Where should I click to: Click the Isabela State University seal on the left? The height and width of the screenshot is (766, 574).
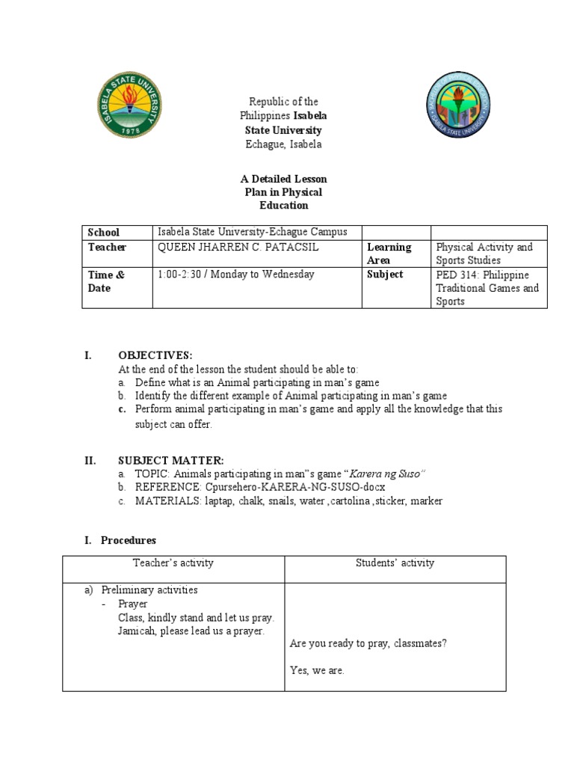pyautogui.click(x=130, y=105)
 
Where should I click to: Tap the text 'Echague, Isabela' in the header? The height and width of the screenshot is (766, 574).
pyautogui.click(x=283, y=144)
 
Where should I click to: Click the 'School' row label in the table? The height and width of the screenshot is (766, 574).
pyautogui.click(x=104, y=233)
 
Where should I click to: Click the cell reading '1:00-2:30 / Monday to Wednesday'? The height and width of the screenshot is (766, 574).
pyautogui.click(x=235, y=275)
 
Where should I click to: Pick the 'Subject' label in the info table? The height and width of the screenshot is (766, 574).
pyautogui.click(x=385, y=275)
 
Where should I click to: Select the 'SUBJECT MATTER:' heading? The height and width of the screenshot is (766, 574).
pyautogui.click(x=170, y=461)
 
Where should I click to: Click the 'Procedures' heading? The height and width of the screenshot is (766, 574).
pyautogui.click(x=129, y=539)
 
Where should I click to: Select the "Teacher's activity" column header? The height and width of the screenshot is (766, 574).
pyautogui.click(x=173, y=563)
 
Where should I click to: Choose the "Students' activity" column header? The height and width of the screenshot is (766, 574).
pyautogui.click(x=395, y=563)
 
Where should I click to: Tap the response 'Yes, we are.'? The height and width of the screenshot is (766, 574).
pyautogui.click(x=317, y=670)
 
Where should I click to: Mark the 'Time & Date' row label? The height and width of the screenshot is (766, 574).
pyautogui.click(x=106, y=281)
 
